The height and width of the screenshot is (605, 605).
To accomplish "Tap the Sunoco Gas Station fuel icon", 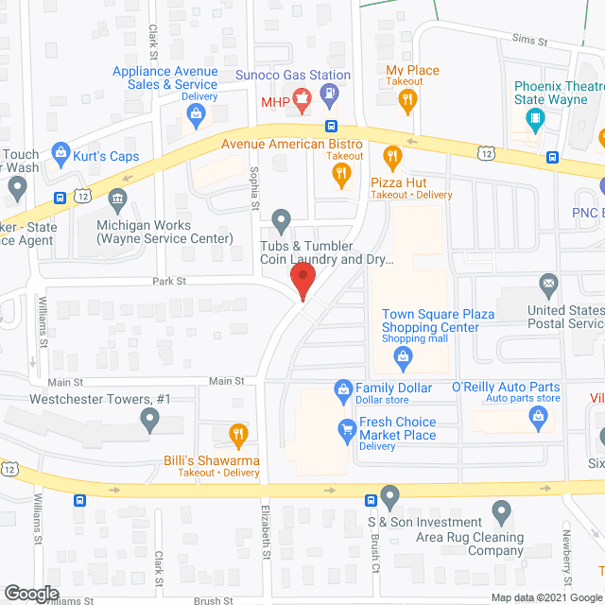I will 329,95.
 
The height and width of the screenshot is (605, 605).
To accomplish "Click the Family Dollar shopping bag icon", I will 344,388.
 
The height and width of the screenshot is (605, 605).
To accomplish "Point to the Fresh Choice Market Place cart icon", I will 347,429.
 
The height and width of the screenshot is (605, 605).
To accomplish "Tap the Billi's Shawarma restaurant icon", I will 237,436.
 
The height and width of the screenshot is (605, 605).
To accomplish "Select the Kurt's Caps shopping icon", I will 60,151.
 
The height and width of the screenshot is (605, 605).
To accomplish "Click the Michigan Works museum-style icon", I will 117,199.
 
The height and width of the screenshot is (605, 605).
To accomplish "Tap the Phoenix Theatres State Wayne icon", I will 537,118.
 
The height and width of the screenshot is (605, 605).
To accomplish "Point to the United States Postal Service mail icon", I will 549,283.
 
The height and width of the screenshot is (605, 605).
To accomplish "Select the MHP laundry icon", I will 302,97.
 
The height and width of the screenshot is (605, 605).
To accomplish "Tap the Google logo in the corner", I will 31,593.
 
